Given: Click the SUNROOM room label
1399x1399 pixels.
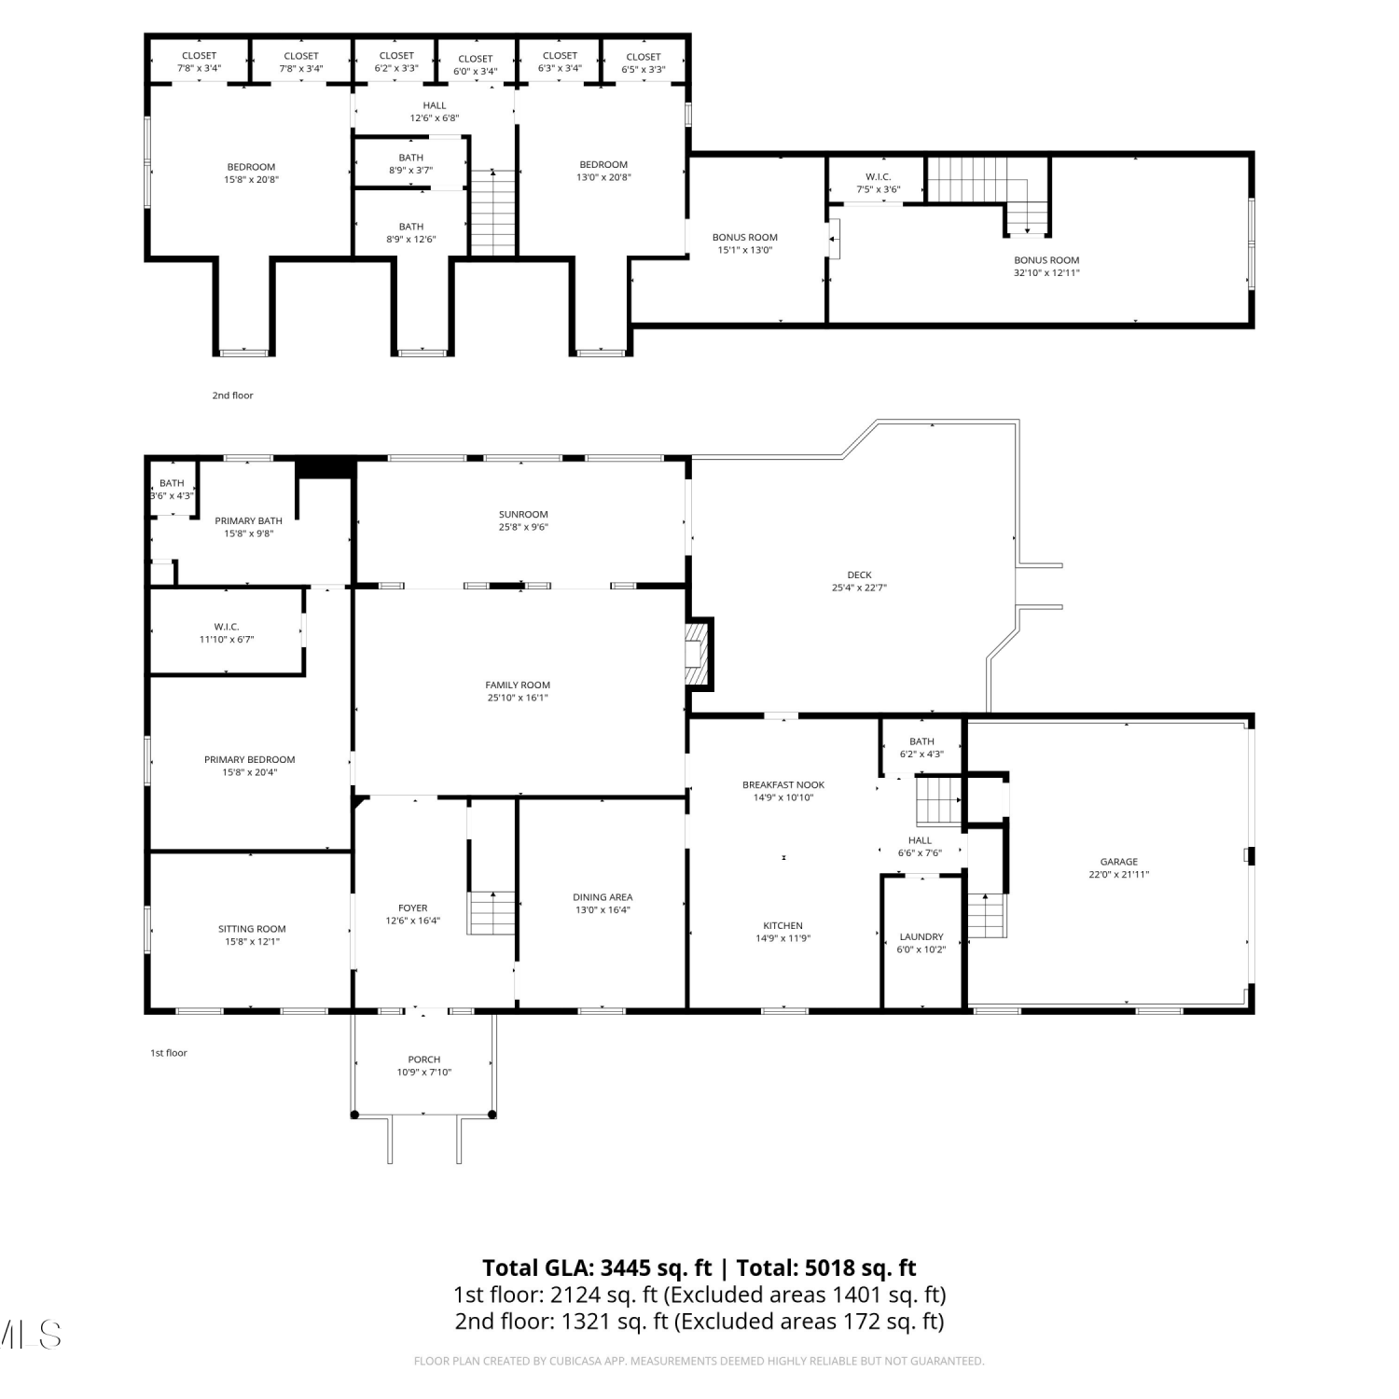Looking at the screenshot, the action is (523, 514).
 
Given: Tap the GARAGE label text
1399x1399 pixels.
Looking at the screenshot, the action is (1118, 862).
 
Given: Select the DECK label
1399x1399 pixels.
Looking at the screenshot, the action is (859, 575).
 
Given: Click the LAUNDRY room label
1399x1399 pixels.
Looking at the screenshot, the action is (921, 936).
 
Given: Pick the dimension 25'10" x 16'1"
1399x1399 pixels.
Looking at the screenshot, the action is (518, 698).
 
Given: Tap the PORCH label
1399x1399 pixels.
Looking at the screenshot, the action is (424, 1060).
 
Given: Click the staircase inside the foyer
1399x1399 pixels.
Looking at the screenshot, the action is (492, 913).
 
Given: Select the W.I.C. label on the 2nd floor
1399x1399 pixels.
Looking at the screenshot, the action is (878, 176).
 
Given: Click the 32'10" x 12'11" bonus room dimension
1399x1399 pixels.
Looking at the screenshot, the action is (1046, 273).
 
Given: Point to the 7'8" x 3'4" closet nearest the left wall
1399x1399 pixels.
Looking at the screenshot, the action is (199, 68).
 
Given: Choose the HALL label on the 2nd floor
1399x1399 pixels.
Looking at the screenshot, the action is (435, 105).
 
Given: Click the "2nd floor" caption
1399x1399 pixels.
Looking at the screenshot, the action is (232, 395).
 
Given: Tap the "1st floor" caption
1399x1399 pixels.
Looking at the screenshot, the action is (169, 1053).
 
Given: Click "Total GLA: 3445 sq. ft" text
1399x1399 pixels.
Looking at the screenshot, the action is (597, 1267).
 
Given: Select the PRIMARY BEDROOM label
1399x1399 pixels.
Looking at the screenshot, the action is (250, 759).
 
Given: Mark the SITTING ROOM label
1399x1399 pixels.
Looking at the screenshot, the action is (252, 929).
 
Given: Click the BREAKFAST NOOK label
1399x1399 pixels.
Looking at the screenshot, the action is (783, 784).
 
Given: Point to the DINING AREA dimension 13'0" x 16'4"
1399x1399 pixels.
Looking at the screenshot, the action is (603, 910).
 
